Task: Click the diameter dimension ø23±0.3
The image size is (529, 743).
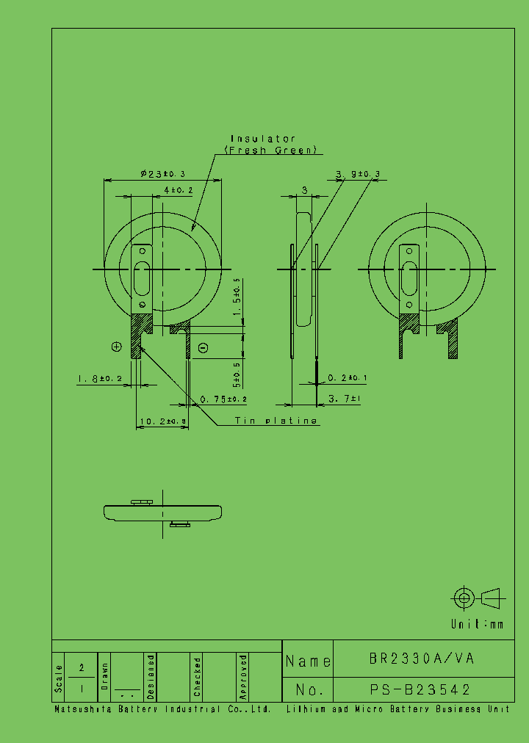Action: pos(162,174)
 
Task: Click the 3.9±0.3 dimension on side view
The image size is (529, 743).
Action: pos(358,174)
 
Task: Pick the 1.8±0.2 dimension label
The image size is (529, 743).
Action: pos(99,379)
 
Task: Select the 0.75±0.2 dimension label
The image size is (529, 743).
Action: pos(223,399)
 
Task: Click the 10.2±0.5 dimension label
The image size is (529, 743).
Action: pos(162,421)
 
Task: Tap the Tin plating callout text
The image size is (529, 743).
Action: pos(276,421)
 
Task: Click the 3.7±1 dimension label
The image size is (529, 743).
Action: pos(344,399)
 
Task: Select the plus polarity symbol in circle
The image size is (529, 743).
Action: pos(116,347)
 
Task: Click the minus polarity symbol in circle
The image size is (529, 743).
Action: pos(204,347)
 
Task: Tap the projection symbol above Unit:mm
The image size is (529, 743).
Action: pos(476,598)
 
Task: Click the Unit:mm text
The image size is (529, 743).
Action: pos(478,624)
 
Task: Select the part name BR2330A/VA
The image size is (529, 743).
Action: pos(422,659)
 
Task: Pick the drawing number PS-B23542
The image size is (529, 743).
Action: pos(420,689)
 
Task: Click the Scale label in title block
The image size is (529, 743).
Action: pos(59,678)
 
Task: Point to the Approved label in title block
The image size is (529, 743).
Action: pos(243,677)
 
